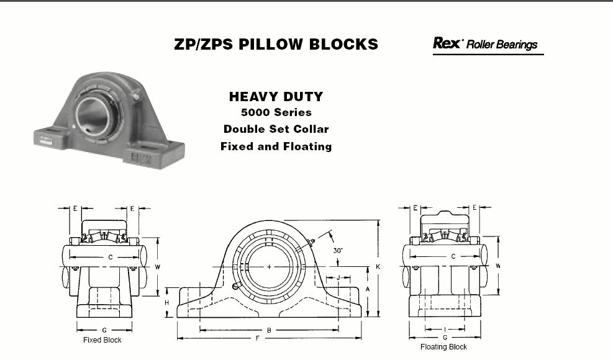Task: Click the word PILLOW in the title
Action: tap(271, 44)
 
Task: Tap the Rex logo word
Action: tap(447, 43)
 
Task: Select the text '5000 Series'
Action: tap(276, 112)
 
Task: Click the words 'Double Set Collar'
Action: tap(276, 129)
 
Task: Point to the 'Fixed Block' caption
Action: tap(102, 340)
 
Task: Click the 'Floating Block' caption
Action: tap(443, 347)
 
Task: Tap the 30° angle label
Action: tap(338, 251)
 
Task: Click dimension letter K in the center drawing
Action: tap(378, 267)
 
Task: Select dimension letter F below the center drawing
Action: tap(257, 338)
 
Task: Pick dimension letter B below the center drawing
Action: tap(269, 330)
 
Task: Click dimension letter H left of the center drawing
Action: tap(167, 303)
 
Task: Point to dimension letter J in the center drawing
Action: tap(338, 278)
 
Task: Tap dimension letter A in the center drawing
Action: tap(368, 289)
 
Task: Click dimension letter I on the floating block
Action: tap(445, 330)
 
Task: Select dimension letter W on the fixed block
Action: tap(158, 268)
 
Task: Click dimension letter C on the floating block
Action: tap(453, 257)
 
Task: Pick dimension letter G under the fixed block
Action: tap(104, 330)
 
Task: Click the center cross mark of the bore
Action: tap(269, 267)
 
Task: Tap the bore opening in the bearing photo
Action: tap(92, 114)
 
